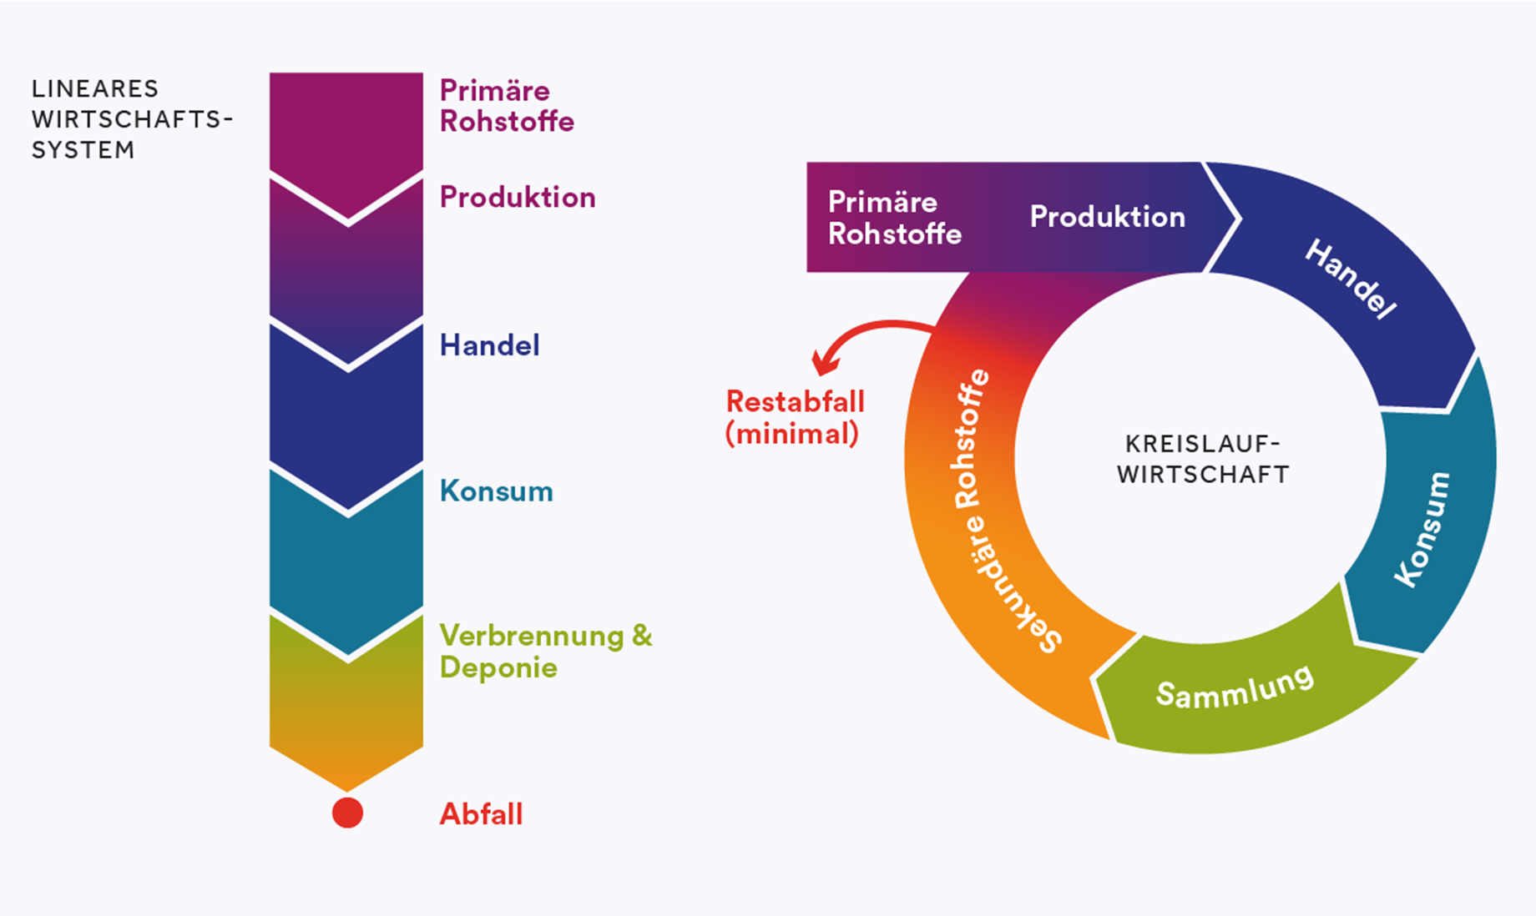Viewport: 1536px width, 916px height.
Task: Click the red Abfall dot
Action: [347, 813]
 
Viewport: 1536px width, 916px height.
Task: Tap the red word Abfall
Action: [481, 814]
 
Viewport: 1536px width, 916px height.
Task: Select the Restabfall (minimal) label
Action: [795, 417]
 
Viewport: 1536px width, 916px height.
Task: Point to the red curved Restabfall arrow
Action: [868, 327]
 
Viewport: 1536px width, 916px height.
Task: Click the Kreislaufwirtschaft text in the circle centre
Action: [1203, 459]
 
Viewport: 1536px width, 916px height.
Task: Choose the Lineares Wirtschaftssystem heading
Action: [132, 119]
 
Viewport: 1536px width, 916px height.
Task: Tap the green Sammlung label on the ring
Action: [1235, 687]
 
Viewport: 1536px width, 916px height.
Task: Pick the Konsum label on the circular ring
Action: [1422, 529]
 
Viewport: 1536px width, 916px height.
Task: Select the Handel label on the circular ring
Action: [1350, 279]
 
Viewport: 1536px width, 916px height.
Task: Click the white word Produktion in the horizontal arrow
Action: [1107, 217]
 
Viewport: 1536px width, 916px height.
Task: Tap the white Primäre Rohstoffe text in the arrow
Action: [894, 218]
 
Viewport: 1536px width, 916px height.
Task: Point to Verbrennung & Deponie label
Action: [545, 652]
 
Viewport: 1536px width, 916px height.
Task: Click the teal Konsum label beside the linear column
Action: [496, 491]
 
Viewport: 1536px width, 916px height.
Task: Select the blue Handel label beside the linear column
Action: [489, 345]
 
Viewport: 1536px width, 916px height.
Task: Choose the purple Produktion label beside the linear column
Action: [518, 198]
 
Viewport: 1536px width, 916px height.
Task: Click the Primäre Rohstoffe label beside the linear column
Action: [507, 106]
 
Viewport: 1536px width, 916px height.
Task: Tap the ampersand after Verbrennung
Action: [641, 636]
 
